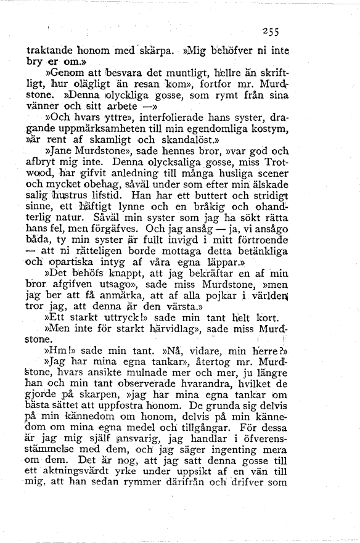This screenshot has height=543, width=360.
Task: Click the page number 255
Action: [270, 34]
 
